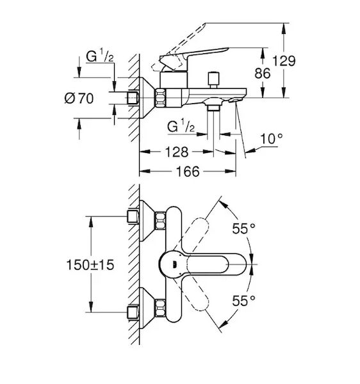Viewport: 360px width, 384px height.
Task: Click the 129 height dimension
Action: pos(284,61)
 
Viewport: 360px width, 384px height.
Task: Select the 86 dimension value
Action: pos(263,73)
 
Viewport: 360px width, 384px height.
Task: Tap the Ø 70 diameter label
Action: pos(79,99)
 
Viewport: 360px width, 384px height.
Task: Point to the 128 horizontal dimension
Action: pos(177,152)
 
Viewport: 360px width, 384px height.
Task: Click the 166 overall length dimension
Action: pos(188,172)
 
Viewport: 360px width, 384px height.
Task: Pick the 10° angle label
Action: pos(272,139)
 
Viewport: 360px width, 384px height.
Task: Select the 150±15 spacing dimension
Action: pos(90,265)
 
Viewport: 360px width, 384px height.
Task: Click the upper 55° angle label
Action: pos(244,228)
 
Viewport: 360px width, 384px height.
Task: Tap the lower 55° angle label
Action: pos(244,301)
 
